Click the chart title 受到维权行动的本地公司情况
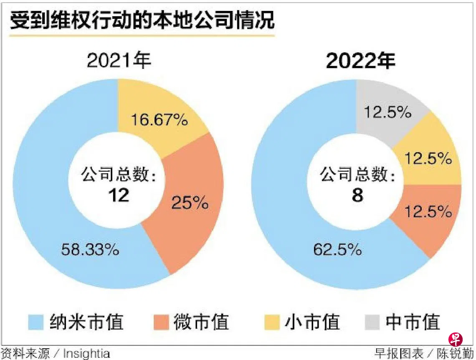pyautogui.click(x=142, y=21)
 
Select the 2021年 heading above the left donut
pyautogui.click(x=119, y=61)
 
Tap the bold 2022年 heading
pyautogui.click(x=360, y=61)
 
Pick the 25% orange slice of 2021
pyautogui.click(x=190, y=203)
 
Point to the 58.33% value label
pyautogui.click(x=90, y=250)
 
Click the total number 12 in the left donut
pyautogui.click(x=118, y=195)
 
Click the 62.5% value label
pyautogui.click(x=337, y=250)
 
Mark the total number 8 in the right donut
pyautogui.click(x=357, y=195)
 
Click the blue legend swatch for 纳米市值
pyautogui.click(x=36, y=322)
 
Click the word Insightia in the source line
pyautogui.click(x=86, y=354)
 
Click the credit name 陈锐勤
pyautogui.click(x=456, y=354)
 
